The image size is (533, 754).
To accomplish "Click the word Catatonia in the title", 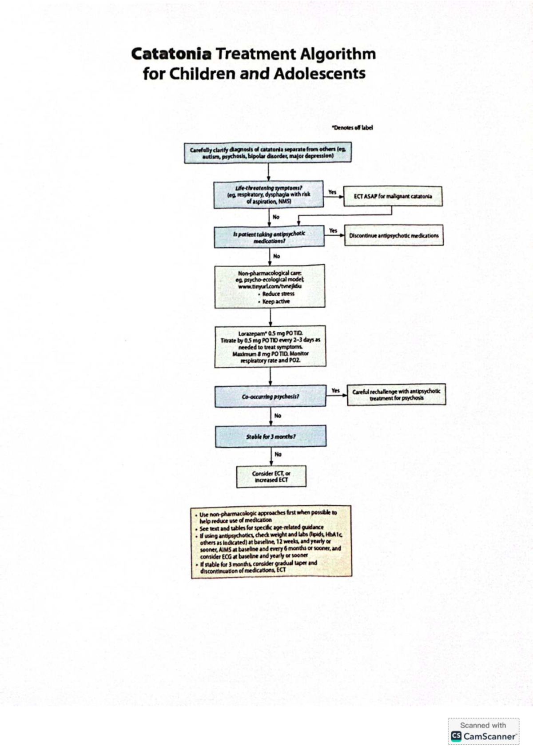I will coord(171,54).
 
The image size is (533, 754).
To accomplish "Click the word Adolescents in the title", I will coord(319,73).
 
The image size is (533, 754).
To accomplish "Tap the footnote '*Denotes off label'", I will coord(352,127).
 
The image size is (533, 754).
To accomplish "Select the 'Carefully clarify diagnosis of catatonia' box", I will coord(268,153).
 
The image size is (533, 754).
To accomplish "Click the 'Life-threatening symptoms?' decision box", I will coord(268,194).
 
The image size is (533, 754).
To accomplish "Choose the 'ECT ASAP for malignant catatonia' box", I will coord(393,196).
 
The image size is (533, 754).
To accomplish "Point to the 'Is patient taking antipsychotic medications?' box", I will coord(269,237).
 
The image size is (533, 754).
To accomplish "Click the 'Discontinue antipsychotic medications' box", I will coord(394,235).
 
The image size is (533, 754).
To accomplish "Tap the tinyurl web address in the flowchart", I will coord(270,286).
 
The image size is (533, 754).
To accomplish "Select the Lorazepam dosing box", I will coord(270,346).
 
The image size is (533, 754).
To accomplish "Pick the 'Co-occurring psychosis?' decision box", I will coord(270,396).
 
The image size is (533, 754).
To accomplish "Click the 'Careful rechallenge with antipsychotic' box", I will coord(396,394).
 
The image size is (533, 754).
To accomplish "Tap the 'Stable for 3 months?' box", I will coord(270,437).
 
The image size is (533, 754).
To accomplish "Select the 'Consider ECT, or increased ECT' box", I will coord(271,476).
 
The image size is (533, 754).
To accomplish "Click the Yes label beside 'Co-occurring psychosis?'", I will coord(336,390).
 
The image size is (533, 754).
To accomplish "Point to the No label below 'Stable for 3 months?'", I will coord(278,454).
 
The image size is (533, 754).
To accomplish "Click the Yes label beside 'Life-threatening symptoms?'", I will coord(332,192).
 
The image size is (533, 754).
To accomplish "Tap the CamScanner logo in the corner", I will coord(483,736).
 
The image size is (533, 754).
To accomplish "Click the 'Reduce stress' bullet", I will coord(278,294).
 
